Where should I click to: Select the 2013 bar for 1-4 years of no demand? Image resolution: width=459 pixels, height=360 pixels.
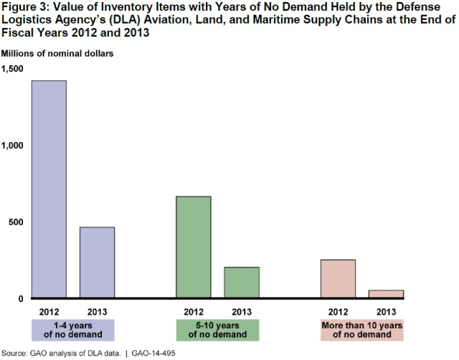click(x=97, y=262)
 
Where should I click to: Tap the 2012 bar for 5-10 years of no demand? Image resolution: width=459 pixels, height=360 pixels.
click(x=194, y=247)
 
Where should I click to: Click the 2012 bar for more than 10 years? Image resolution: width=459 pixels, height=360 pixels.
click(x=338, y=279)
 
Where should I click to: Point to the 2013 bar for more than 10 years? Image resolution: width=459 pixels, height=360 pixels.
click(x=386, y=294)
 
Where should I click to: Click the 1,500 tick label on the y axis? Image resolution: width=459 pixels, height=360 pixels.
click(x=12, y=69)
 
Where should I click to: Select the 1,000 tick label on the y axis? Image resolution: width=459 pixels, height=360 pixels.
click(x=12, y=146)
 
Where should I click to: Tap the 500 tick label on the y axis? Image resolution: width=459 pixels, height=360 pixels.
click(x=16, y=222)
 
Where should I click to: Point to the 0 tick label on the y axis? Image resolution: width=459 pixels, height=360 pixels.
click(x=21, y=299)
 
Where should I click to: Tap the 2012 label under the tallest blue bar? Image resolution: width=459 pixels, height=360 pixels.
click(x=49, y=311)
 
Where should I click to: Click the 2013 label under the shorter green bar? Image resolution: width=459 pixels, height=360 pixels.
click(x=242, y=311)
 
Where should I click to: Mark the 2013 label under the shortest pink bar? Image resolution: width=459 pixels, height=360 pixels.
click(x=386, y=311)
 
